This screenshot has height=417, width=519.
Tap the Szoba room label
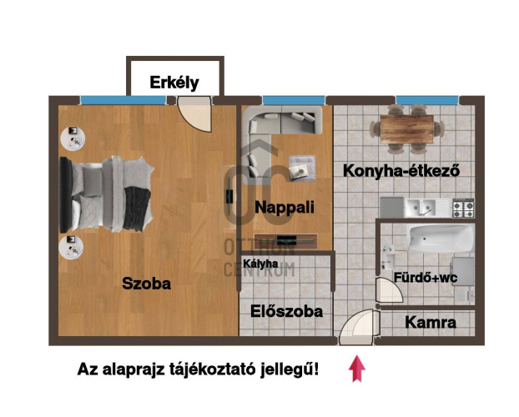[x=146, y=284]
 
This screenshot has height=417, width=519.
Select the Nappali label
[x=285, y=208]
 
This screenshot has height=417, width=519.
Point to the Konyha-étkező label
[x=402, y=170]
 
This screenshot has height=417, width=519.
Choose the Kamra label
[x=430, y=322]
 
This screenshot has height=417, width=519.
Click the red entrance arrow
[x=358, y=369]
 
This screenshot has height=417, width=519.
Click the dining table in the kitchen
[x=408, y=129]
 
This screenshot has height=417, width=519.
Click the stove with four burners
[x=462, y=205]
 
